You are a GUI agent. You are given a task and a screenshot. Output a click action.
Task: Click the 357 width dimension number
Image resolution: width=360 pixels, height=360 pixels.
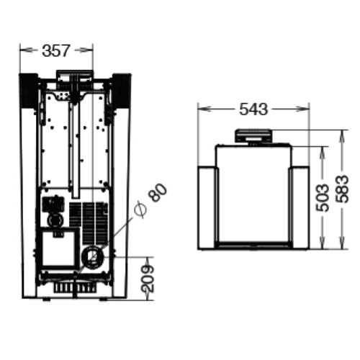56,50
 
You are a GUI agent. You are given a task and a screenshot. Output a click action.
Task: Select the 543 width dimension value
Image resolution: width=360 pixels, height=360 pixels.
253,109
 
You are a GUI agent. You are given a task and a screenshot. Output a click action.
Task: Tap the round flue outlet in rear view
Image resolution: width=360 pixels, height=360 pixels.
93,254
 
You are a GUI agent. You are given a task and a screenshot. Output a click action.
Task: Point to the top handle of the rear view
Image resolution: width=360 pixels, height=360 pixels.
75,74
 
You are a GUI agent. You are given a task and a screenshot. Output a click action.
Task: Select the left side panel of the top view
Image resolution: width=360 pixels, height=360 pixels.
206,207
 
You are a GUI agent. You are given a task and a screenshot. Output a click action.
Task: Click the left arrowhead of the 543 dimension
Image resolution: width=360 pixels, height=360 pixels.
201,110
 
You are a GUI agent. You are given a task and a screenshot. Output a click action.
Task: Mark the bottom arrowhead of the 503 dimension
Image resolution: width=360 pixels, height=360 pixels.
315,244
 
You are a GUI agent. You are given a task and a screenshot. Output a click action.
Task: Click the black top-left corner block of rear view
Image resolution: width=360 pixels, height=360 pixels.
28,89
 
